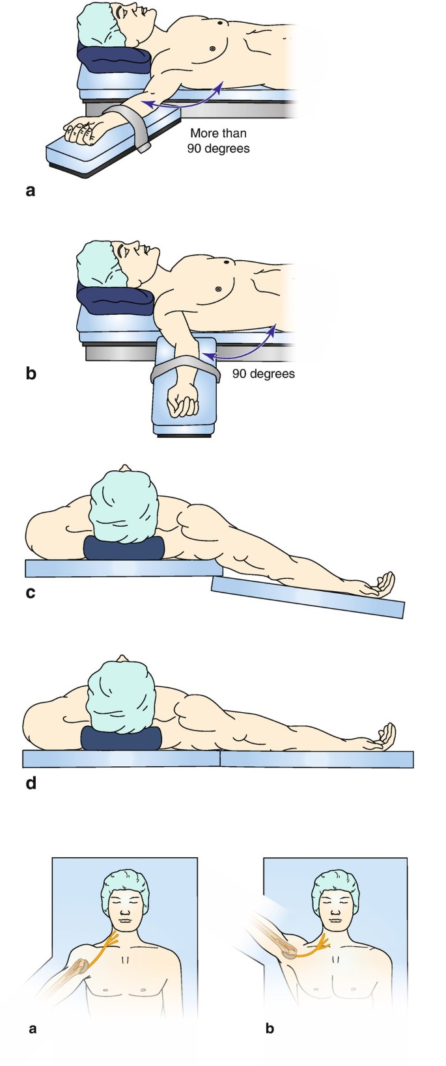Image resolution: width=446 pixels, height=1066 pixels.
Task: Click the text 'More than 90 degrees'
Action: click(x=219, y=140)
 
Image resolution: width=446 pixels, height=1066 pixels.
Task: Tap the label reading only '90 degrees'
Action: click(x=263, y=374)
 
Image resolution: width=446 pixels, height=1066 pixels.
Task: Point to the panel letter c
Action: click(x=30, y=593)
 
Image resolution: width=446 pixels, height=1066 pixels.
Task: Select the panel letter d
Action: click(x=30, y=783)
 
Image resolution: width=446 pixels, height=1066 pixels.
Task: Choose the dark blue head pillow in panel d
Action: click(x=121, y=738)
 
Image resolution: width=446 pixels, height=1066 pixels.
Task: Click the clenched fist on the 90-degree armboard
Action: click(x=182, y=399)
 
